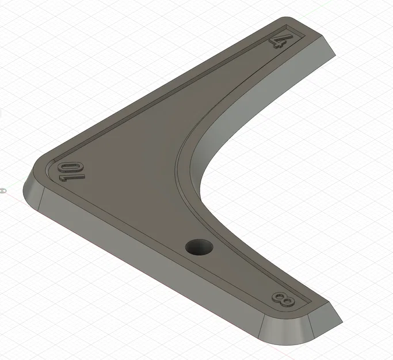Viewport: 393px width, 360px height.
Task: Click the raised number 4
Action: pyautogui.click(x=278, y=40)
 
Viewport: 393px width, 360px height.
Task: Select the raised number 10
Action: pyautogui.click(x=71, y=171)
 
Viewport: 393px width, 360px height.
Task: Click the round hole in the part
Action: pyautogui.click(x=199, y=248)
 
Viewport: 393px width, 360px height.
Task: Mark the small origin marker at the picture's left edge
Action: pyautogui.click(x=3, y=189)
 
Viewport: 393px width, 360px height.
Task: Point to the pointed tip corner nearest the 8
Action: pyautogui.click(x=342, y=321)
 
